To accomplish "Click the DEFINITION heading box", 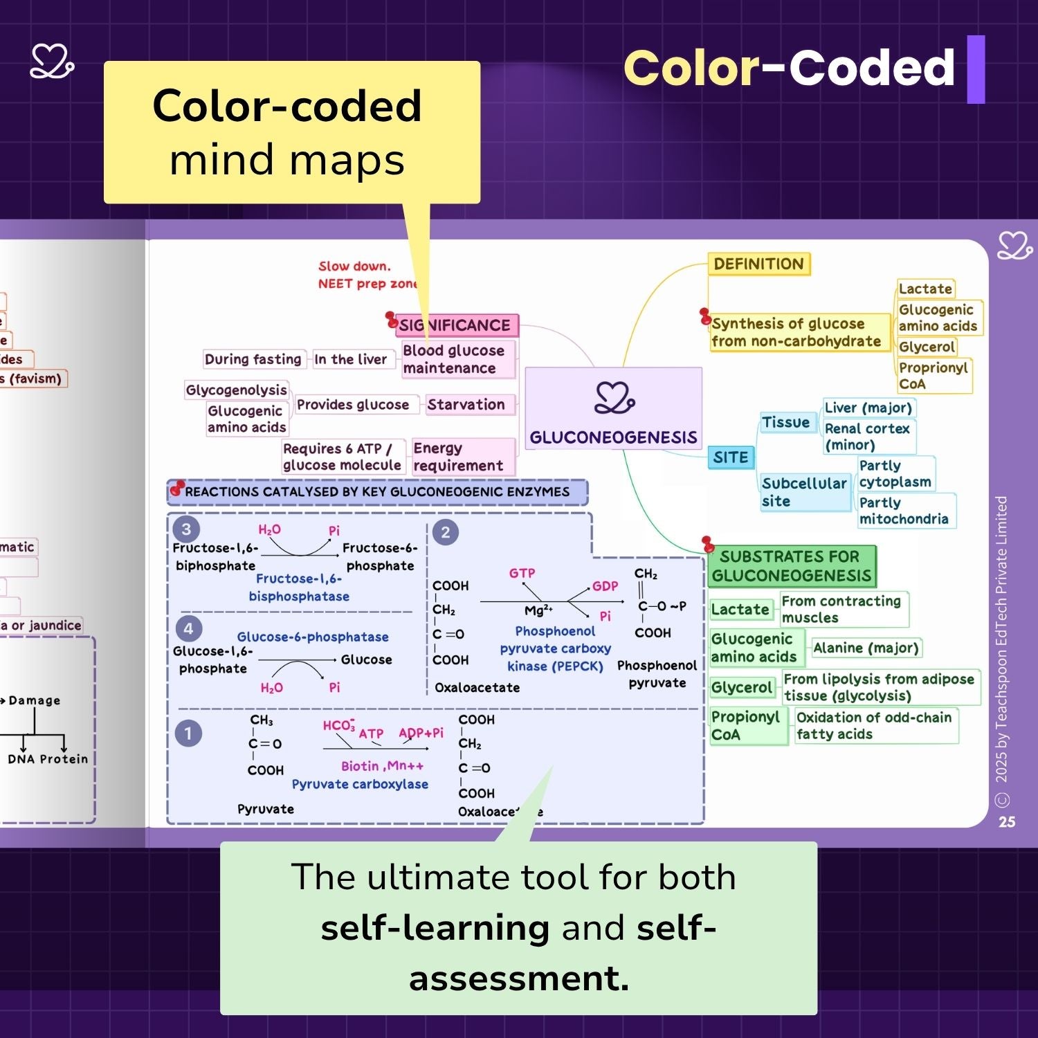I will point(758,264).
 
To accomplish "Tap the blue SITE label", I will point(731,457).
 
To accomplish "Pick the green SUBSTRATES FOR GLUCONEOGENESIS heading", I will point(791,566).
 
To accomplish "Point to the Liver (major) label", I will point(868,408).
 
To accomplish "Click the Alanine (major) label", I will point(866,648).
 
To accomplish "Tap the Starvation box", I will point(466,404).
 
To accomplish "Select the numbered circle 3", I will point(186,529).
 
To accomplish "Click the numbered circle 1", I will point(188,734).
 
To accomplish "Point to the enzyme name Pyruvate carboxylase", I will point(360,784).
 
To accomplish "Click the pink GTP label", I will point(522,573).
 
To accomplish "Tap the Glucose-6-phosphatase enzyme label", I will point(313,637).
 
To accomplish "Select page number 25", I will point(1007,821).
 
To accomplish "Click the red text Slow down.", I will point(354,266).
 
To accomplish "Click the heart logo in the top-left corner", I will point(52,62).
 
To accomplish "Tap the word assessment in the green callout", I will point(519,978).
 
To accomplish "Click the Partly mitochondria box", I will point(904,511).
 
